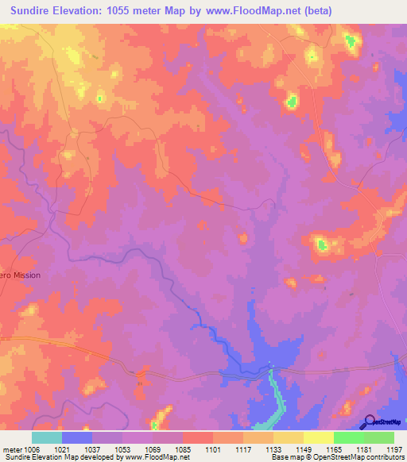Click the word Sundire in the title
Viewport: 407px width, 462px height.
[x=32, y=10]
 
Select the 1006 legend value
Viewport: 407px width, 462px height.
[x=32, y=449]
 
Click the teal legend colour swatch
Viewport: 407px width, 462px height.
[x=47, y=437]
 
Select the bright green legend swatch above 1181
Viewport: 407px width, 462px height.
[x=348, y=437]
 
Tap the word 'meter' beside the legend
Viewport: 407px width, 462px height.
[x=12, y=449]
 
